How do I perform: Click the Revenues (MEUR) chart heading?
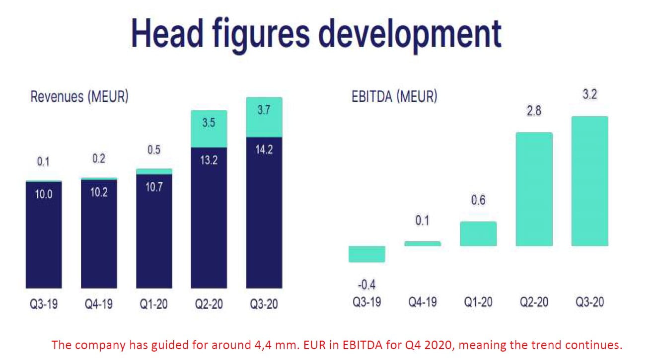coord(79,96)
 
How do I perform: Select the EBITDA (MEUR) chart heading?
coord(394,96)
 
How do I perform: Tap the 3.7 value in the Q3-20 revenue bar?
coord(264,110)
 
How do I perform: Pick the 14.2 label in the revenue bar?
coord(264,149)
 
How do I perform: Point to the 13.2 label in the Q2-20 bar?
coord(209,160)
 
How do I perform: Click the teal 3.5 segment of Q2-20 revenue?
coord(209,129)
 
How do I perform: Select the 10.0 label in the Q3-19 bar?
coord(44,194)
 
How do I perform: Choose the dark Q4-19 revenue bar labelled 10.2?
coord(99,233)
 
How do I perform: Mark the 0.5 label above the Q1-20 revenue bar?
coord(154,150)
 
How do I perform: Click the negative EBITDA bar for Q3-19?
coord(366,254)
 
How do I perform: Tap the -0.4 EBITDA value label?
coord(366,285)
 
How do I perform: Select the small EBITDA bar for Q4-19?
coord(422,244)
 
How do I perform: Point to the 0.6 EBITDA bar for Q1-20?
coord(478,233)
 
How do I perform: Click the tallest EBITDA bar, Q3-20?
coord(589,181)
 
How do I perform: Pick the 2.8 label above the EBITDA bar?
coord(534,111)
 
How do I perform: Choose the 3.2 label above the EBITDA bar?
coord(589,95)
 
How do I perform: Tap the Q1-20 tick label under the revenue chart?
coord(154,304)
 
